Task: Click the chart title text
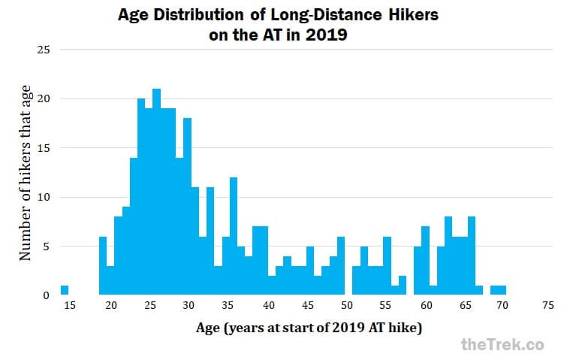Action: pyautogui.click(x=283, y=24)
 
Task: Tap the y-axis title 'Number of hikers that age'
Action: pyautogui.click(x=26, y=173)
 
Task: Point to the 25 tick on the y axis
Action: pyautogui.click(x=44, y=50)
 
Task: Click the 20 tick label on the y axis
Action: pyautogui.click(x=44, y=99)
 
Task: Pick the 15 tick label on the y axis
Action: pyautogui.click(x=44, y=148)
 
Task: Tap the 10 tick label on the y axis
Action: pyautogui.click(x=44, y=198)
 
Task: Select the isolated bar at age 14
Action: pyautogui.click(x=65, y=290)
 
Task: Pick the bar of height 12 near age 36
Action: pyautogui.click(x=234, y=237)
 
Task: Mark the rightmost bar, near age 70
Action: pyautogui.click(x=502, y=290)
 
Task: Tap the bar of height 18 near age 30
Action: pyautogui.click(x=188, y=207)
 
